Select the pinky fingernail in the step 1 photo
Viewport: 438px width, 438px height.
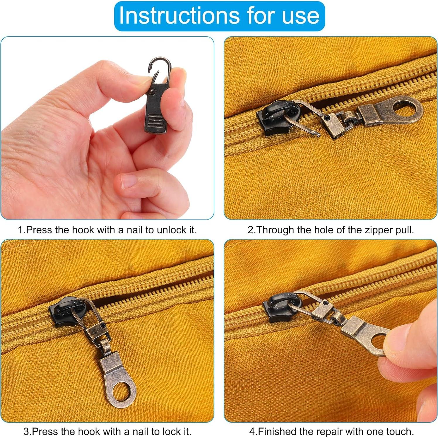128,181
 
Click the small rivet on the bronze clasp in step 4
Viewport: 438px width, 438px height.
324,306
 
